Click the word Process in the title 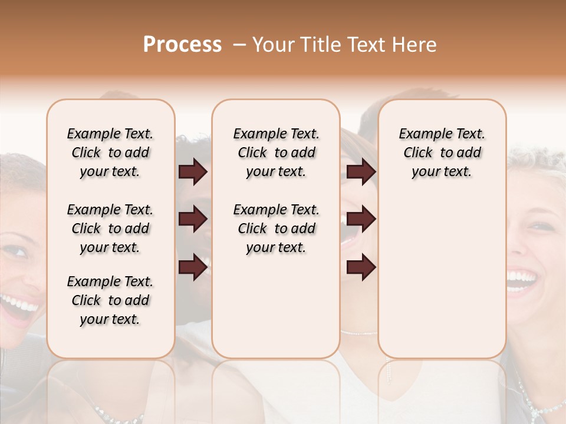pos(182,45)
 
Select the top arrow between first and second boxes pos(193,172)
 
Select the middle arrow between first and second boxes pos(193,219)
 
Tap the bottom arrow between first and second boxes pos(193,267)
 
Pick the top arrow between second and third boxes pos(361,172)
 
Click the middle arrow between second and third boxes pos(361,219)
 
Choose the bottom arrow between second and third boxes pos(361,267)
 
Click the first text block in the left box pos(110,153)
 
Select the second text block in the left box pos(110,228)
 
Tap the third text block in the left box pos(110,300)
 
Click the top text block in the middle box pos(276,153)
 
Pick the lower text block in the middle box pos(276,228)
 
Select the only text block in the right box pos(442,153)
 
